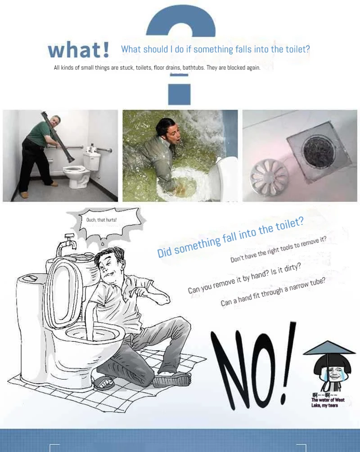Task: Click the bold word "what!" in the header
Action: click(x=78, y=49)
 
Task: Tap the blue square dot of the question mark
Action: click(x=179, y=94)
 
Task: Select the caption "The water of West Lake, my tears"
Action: click(x=328, y=403)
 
